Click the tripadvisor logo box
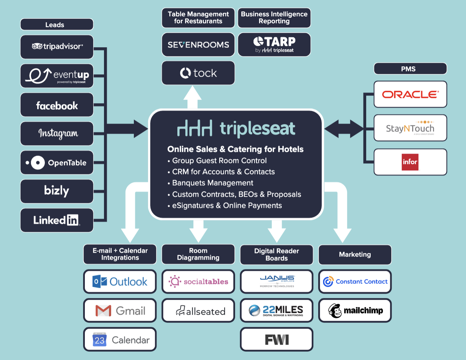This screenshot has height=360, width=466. pyautogui.click(x=57, y=47)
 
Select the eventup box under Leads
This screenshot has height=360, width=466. pyautogui.click(x=57, y=76)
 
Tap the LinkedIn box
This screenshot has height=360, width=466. pyautogui.click(x=57, y=220)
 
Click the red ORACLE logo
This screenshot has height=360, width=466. pyautogui.click(x=410, y=95)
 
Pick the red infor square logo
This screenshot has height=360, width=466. pyautogui.click(x=410, y=162)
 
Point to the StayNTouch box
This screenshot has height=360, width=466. pyautogui.click(x=410, y=128)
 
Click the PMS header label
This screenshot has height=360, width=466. pyautogui.click(x=410, y=69)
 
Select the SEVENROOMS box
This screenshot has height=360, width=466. pyautogui.click(x=198, y=45)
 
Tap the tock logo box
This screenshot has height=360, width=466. pyautogui.click(x=198, y=73)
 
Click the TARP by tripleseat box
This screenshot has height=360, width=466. pyautogui.click(x=274, y=45)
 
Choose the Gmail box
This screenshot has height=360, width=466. pyautogui.click(x=120, y=311)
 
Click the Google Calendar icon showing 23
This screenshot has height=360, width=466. pyautogui.click(x=99, y=339)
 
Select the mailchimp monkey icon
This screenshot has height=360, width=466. pyautogui.click(x=335, y=311)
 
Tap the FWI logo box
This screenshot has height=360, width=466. pyautogui.click(x=277, y=339)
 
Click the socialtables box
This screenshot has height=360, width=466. pyautogui.click(x=198, y=281)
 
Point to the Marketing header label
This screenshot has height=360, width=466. pyautogui.click(x=355, y=255)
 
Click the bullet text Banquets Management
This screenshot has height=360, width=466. pyautogui.click(x=212, y=183)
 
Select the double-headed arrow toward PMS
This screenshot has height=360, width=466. pyautogui.click(x=344, y=129)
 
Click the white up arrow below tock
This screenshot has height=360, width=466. pyautogui.click(x=192, y=97)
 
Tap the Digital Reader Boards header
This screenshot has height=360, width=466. pyautogui.click(x=277, y=255)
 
